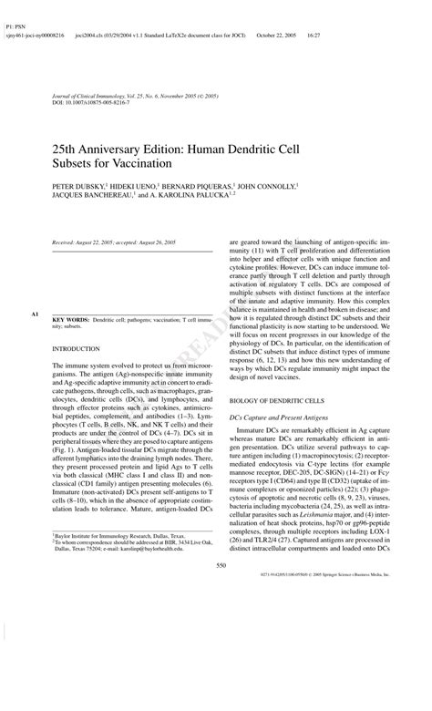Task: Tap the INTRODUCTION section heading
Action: [77, 349]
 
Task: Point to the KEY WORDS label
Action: [70, 322]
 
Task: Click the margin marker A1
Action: [35, 314]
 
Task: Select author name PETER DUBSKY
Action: [78, 184]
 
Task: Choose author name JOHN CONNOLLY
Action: [268, 184]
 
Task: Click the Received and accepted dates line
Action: [113, 243]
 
